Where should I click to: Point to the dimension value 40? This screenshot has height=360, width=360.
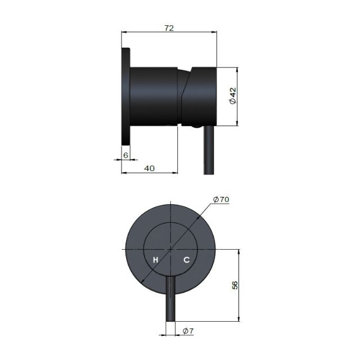pyautogui.click(x=150, y=168)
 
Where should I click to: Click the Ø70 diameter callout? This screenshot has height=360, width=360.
pyautogui.click(x=222, y=199)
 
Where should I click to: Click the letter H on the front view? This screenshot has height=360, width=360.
pyautogui.click(x=156, y=260)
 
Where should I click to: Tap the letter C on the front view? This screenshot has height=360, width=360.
pyautogui.click(x=187, y=260)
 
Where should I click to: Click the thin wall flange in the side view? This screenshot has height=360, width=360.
pyautogui.click(x=125, y=96)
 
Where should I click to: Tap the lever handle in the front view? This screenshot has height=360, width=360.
pyautogui.click(x=170, y=298)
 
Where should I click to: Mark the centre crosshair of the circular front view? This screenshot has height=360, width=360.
pyautogui.click(x=170, y=248)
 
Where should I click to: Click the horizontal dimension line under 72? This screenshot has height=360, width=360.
pyautogui.click(x=169, y=33)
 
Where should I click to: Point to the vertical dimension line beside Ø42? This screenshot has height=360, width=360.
pyautogui.click(x=238, y=97)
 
